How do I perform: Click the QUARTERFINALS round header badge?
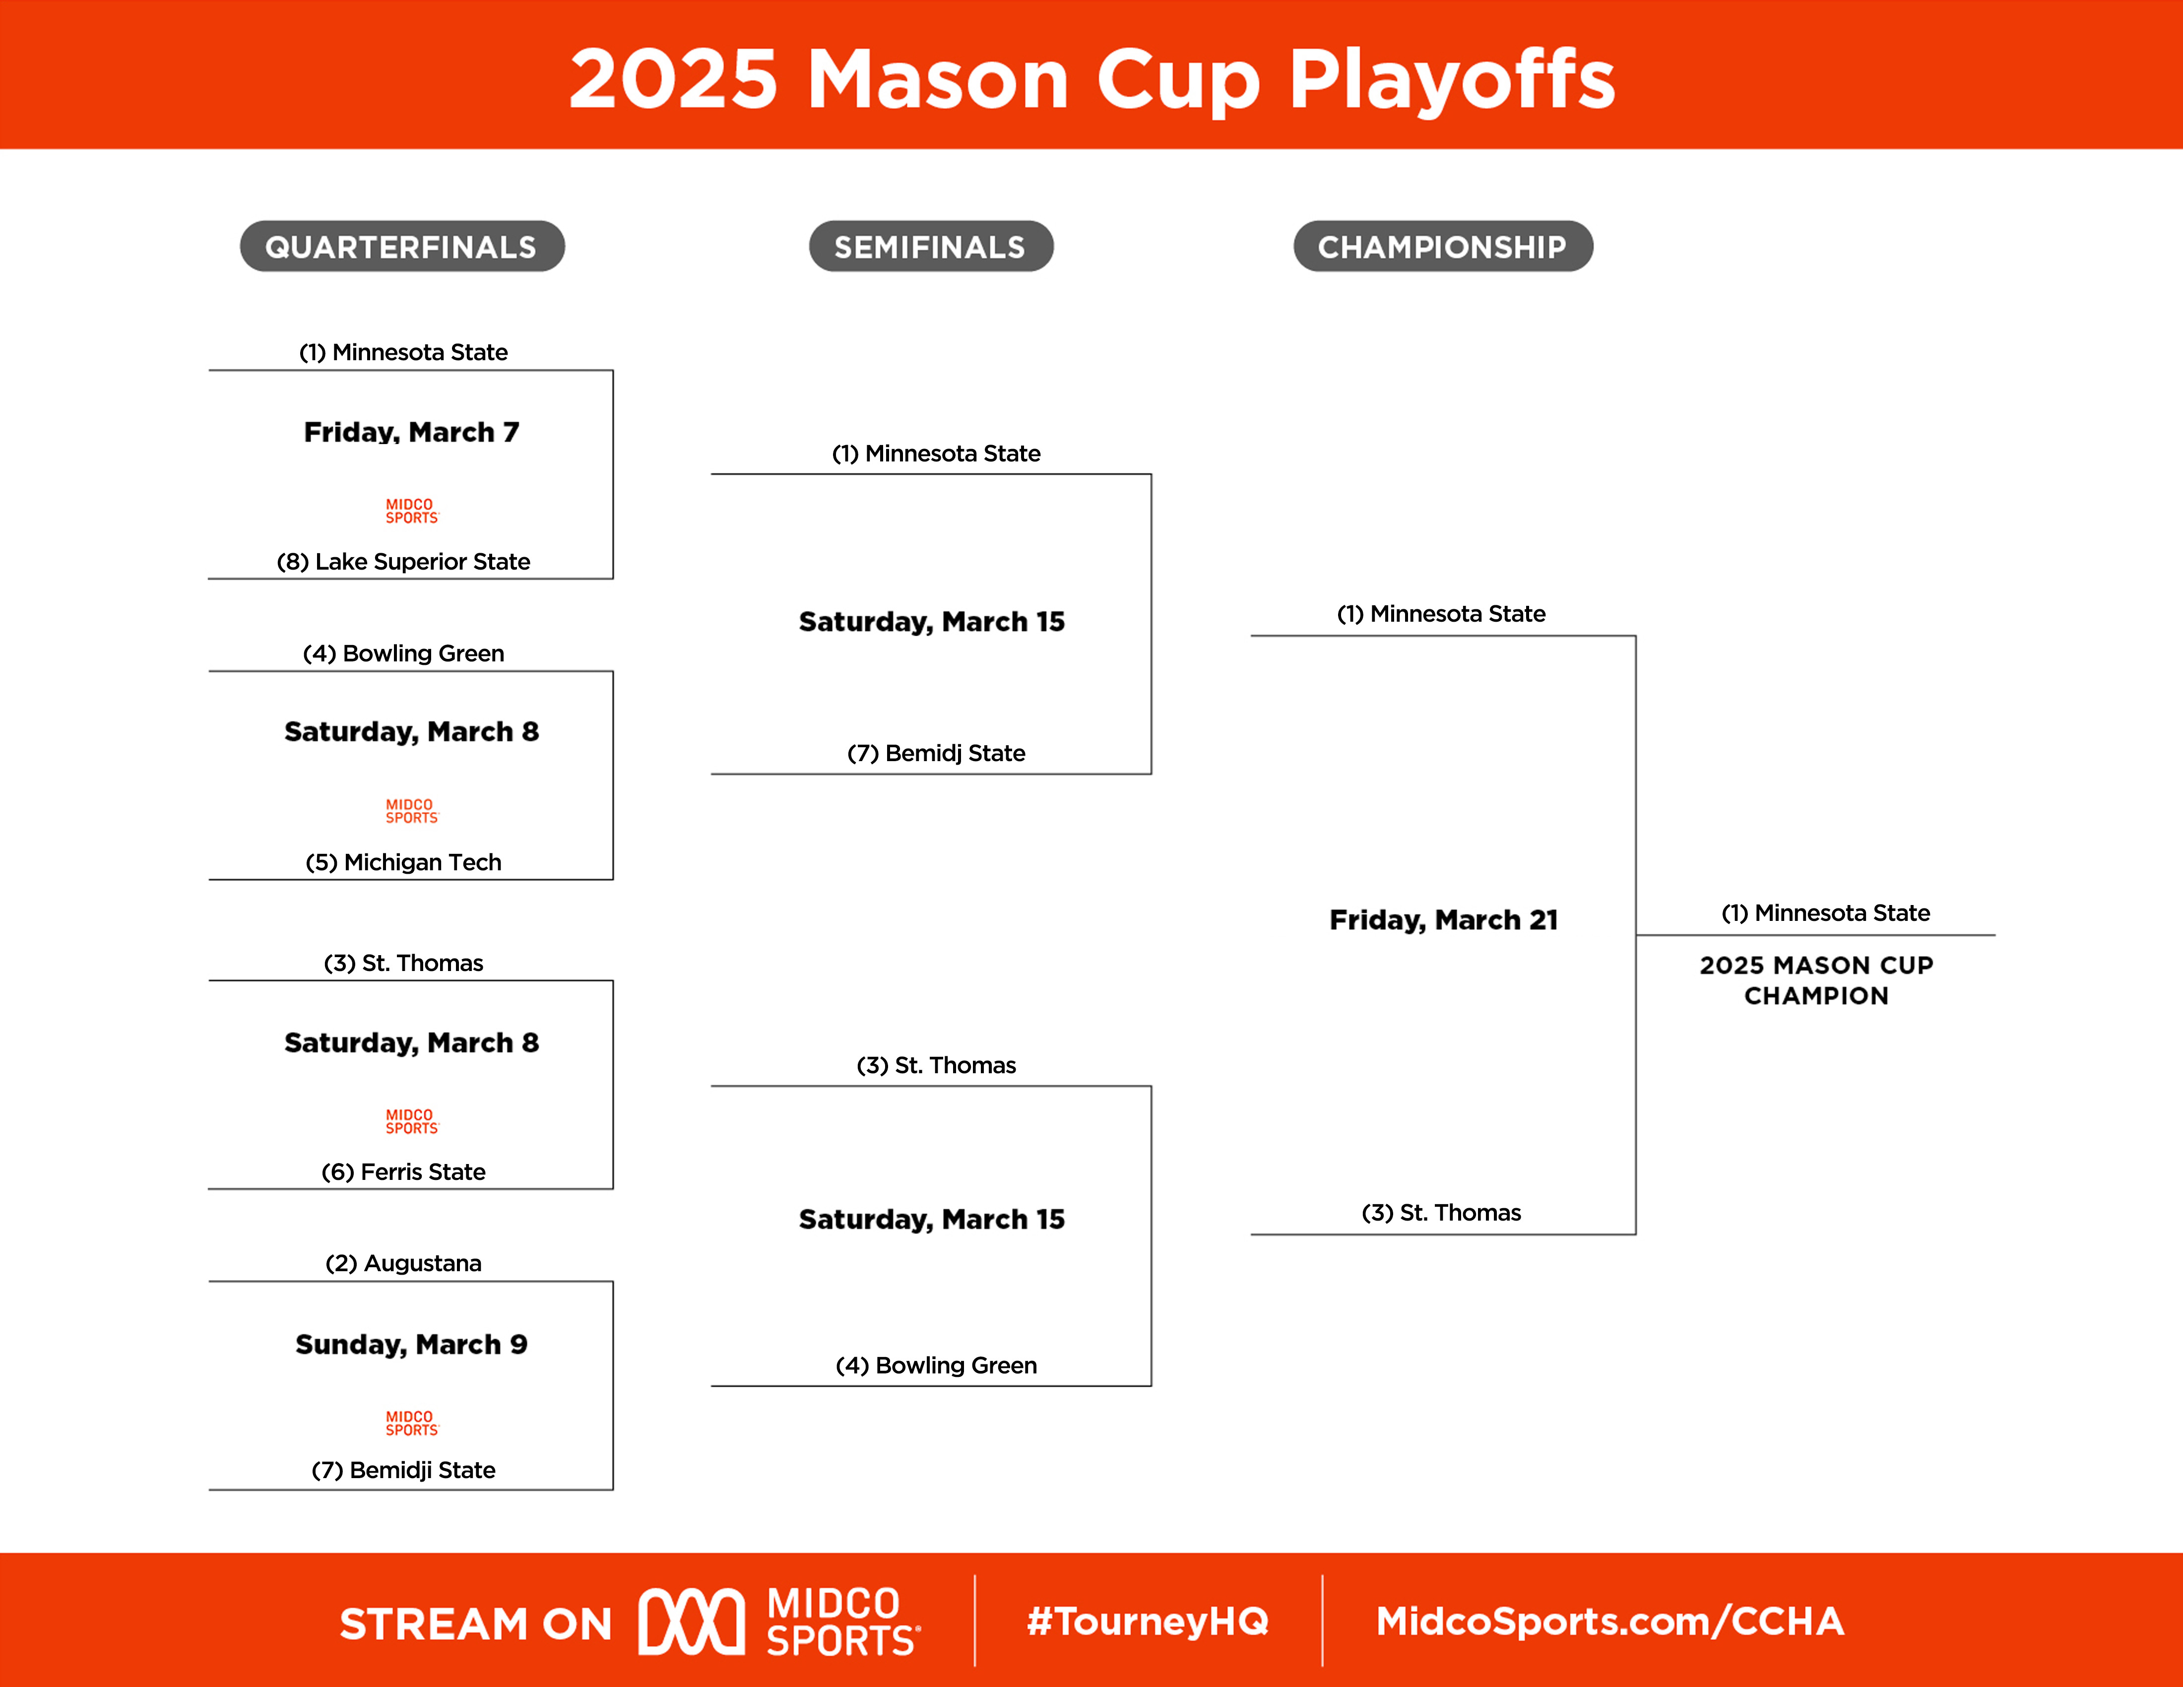click(402, 246)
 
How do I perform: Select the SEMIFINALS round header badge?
click(931, 246)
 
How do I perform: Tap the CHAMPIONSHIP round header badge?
click(1442, 246)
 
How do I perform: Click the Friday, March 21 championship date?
click(1443, 919)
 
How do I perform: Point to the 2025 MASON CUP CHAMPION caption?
click(1816, 980)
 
